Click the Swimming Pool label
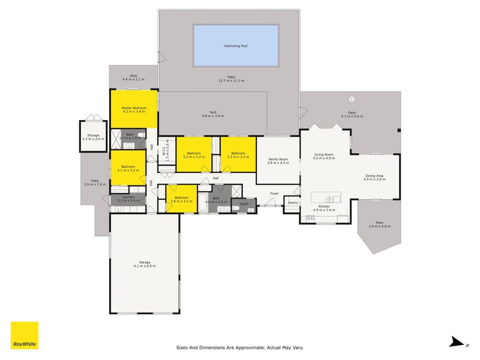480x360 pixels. point(236,46)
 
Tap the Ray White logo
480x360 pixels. point(24,335)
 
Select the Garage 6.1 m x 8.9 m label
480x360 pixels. point(144,263)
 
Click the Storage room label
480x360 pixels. point(93,137)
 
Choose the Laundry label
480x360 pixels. point(128,199)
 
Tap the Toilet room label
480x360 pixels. point(243,205)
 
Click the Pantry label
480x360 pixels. point(293,203)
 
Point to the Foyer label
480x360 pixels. point(274,193)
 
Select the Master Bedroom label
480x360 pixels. point(134,109)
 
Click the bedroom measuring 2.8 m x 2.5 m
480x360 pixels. point(181,199)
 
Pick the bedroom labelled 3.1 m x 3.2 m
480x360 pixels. point(128,168)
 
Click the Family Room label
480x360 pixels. point(278,160)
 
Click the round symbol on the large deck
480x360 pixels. point(353,100)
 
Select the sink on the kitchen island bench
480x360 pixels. point(329,199)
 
